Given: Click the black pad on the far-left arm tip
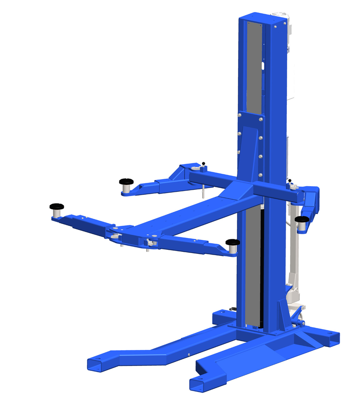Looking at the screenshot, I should (57, 206).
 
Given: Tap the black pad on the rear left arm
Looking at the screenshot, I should (126, 181).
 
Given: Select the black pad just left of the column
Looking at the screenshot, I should (233, 242).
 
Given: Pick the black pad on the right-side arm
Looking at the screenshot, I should (303, 219).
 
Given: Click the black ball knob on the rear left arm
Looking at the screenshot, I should (203, 163).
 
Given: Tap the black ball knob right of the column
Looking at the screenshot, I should (290, 181).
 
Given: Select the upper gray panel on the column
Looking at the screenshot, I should (255, 66).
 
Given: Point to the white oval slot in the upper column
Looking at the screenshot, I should (262, 66).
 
